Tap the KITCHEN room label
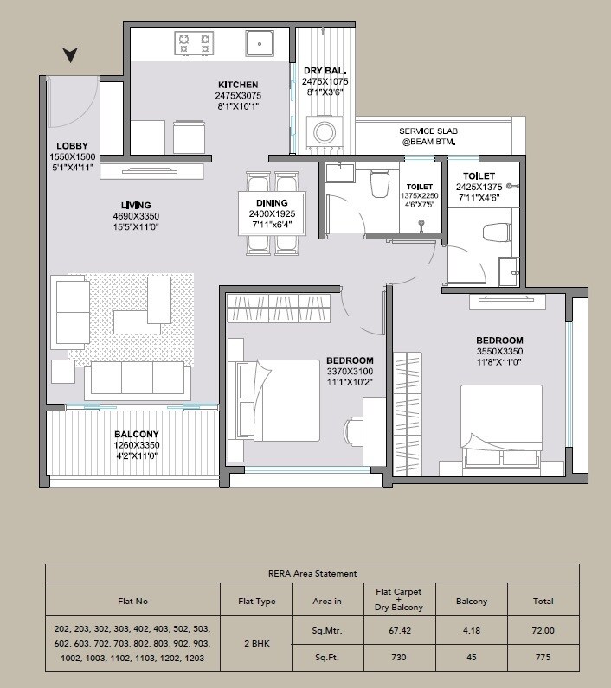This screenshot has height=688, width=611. click(x=240, y=85)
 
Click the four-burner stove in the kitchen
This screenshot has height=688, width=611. click(x=195, y=42)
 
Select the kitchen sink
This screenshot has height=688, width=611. click(x=259, y=43)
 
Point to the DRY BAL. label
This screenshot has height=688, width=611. click(x=325, y=70)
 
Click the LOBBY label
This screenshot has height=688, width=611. click(x=73, y=145)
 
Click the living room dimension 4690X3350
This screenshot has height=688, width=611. click(x=136, y=216)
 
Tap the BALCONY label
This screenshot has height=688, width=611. click(x=136, y=434)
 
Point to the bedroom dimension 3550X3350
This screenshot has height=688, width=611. click(x=499, y=352)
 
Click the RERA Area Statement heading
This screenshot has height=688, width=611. click(x=312, y=573)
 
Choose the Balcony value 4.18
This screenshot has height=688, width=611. click(x=471, y=631)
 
